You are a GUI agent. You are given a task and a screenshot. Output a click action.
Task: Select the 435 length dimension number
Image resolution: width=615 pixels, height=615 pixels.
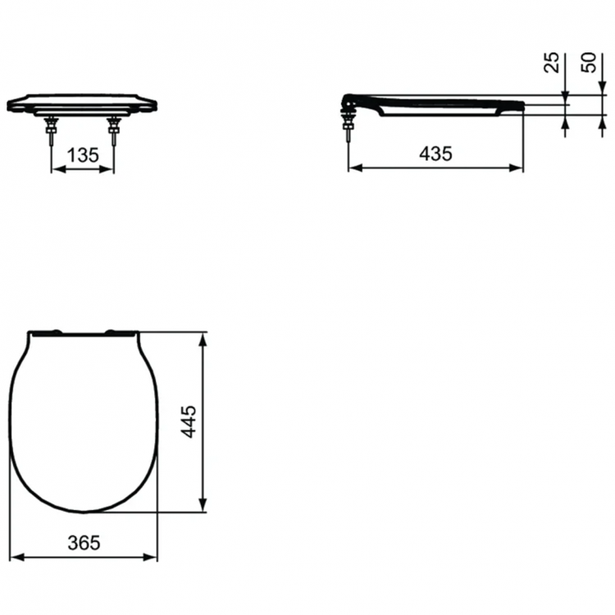pyautogui.click(x=435, y=153)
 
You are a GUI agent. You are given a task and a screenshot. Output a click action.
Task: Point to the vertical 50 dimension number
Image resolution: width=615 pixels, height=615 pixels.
pyautogui.click(x=590, y=62)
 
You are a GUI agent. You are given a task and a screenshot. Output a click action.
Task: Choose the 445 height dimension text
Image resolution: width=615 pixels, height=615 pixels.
pyautogui.click(x=189, y=421)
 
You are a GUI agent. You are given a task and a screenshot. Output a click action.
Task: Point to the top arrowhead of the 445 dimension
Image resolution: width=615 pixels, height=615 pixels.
pyautogui.click(x=203, y=338)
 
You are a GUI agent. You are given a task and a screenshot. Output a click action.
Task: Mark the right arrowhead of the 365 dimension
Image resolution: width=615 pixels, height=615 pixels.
pyautogui.click(x=152, y=557)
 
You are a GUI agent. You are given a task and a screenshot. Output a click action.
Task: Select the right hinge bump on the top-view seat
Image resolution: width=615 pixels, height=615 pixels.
pyautogui.click(x=112, y=331)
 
